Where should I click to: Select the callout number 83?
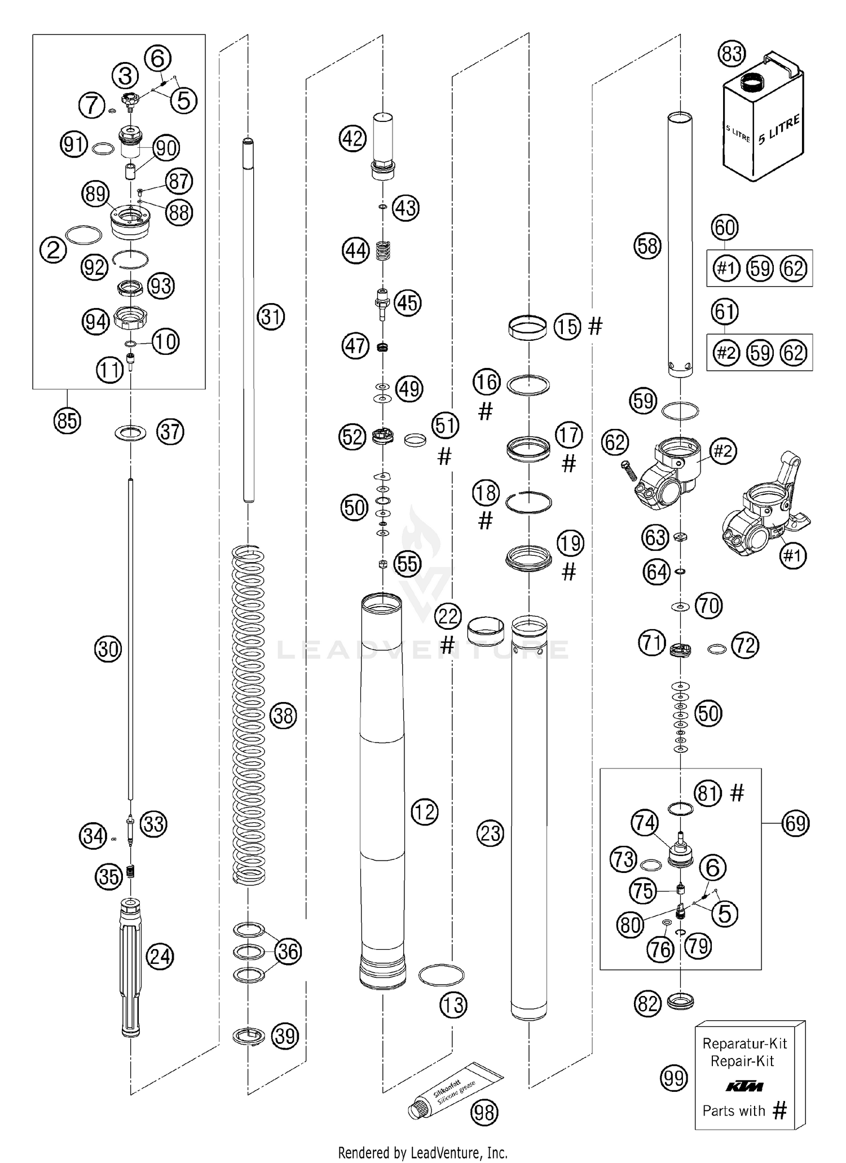tap(732, 54)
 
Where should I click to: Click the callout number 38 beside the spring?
tap(283, 716)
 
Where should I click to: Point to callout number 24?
tap(160, 956)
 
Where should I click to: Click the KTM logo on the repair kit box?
tap(744, 1086)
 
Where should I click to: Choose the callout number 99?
tap(674, 1078)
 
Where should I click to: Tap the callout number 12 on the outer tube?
tap(424, 811)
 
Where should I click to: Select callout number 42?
tap(353, 138)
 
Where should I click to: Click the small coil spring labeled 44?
tap(384, 251)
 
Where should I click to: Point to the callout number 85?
tap(67, 420)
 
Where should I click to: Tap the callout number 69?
tap(795, 823)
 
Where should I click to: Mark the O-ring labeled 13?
tap(441, 975)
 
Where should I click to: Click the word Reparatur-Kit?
tap(744, 1043)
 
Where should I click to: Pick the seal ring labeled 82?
tap(680, 1002)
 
